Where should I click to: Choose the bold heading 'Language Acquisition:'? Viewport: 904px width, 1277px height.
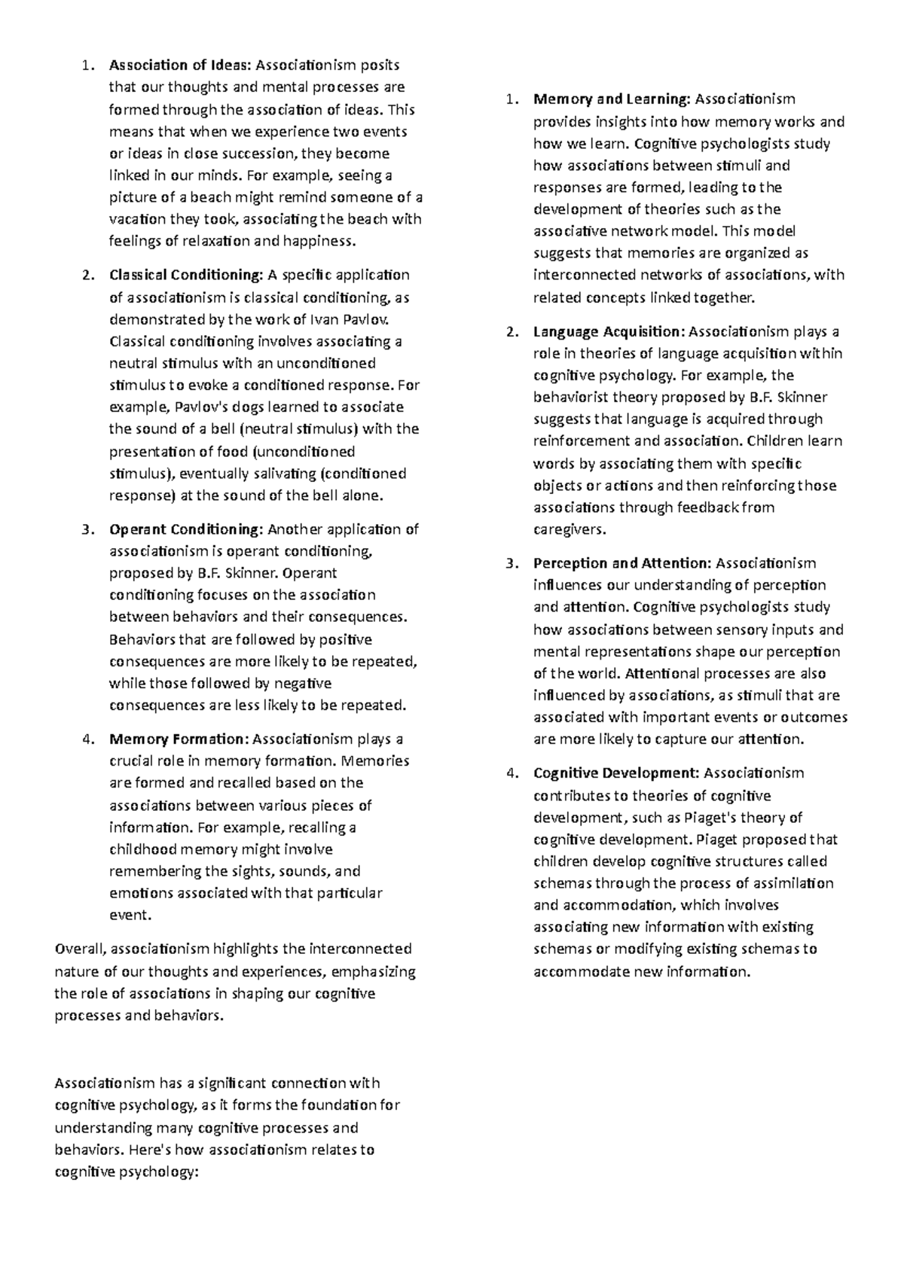[609, 331]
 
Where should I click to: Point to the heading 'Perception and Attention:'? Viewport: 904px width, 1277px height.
[622, 563]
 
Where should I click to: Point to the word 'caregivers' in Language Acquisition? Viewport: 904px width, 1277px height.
[568, 529]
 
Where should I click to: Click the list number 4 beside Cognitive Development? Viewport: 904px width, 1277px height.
[511, 773]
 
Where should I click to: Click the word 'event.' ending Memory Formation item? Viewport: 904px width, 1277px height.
[131, 916]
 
